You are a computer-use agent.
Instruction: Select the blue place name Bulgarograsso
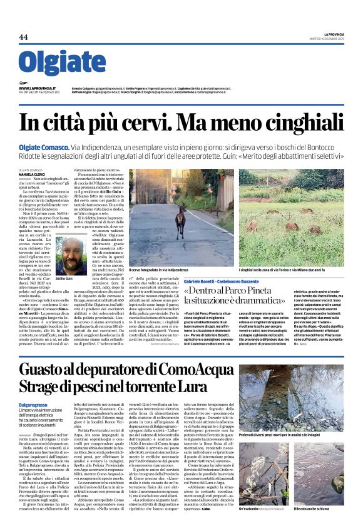(x=37, y=405)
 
